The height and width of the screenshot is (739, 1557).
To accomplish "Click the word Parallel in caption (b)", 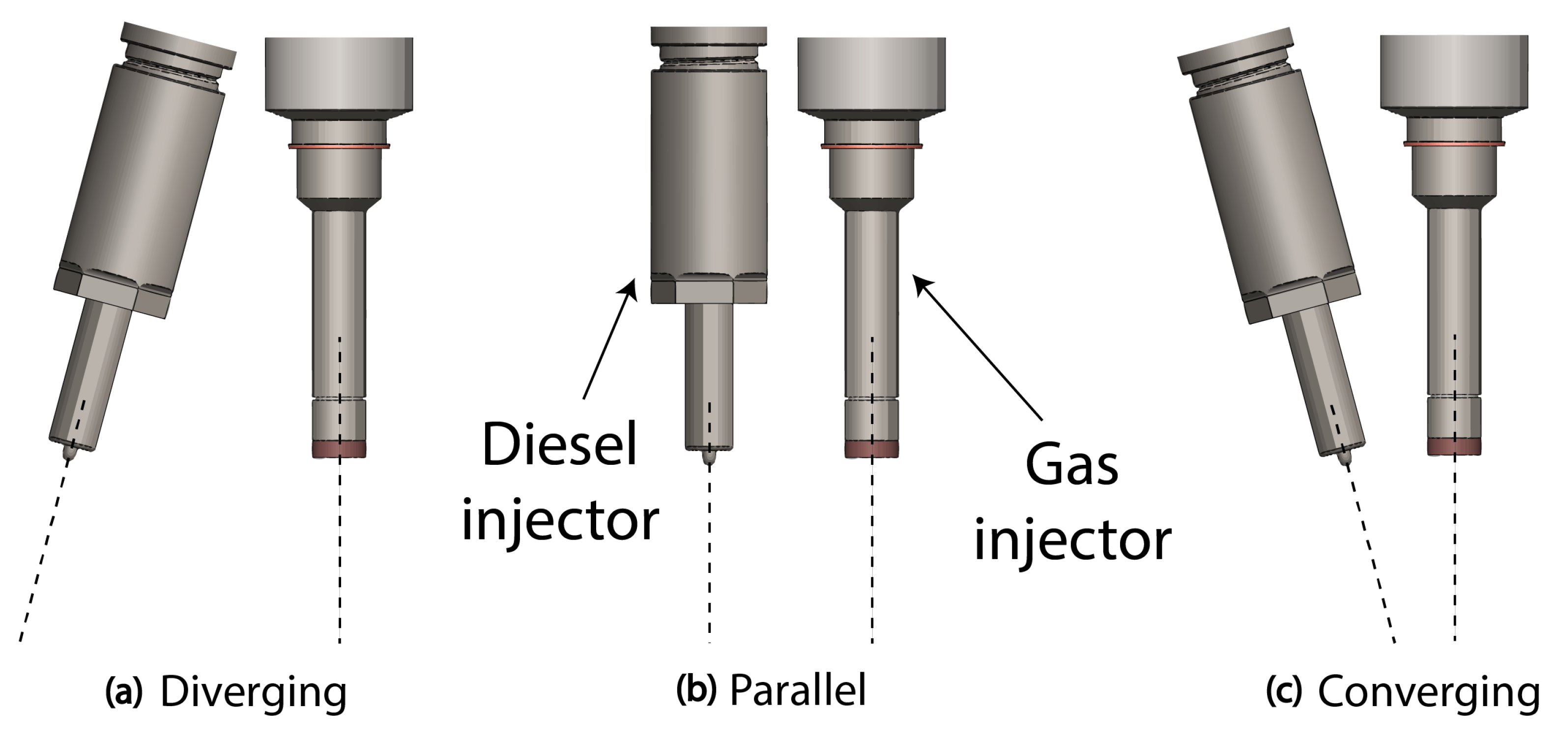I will [798, 689].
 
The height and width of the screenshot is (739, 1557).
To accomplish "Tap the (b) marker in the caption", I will [696, 689].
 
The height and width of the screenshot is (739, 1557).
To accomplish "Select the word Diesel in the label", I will [560, 445].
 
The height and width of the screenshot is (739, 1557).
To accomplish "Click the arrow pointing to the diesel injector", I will [610, 339].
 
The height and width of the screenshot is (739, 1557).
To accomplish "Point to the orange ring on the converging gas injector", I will [1454, 144].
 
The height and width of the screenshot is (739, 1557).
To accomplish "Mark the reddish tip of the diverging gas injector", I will [339, 449].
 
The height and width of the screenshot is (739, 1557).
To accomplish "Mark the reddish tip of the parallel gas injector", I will [871, 449].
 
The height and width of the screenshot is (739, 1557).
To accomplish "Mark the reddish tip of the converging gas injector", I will [1454, 447].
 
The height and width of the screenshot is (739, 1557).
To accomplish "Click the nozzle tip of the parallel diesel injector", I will [710, 458].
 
